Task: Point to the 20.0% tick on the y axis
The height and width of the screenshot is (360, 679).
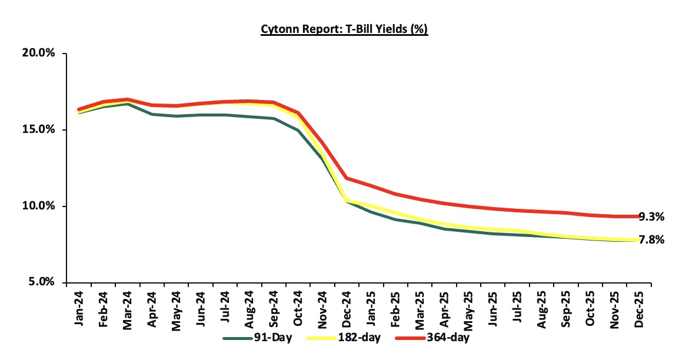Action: tap(38, 53)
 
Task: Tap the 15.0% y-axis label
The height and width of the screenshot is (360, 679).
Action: tap(38, 129)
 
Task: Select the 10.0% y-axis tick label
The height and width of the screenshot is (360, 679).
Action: tap(38, 206)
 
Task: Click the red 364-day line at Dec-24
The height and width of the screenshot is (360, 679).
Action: tap(348, 178)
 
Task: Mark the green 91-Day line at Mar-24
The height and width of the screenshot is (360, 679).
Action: tap(128, 104)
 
